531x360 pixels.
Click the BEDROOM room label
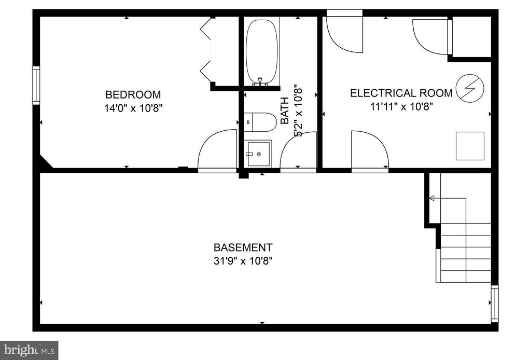click(133, 94)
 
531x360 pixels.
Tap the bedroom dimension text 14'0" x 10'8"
click(133, 108)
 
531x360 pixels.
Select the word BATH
click(285, 110)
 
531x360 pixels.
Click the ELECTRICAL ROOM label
click(401, 93)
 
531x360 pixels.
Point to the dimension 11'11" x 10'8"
click(402, 107)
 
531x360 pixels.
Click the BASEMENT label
click(243, 247)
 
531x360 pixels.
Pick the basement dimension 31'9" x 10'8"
click(243, 261)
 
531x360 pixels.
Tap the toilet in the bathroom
click(260, 122)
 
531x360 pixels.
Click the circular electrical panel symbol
click(470, 88)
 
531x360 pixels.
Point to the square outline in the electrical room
click(470, 146)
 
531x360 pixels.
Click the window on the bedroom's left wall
click(36, 86)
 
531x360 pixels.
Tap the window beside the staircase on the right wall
click(495, 304)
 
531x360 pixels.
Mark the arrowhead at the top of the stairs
click(432, 198)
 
